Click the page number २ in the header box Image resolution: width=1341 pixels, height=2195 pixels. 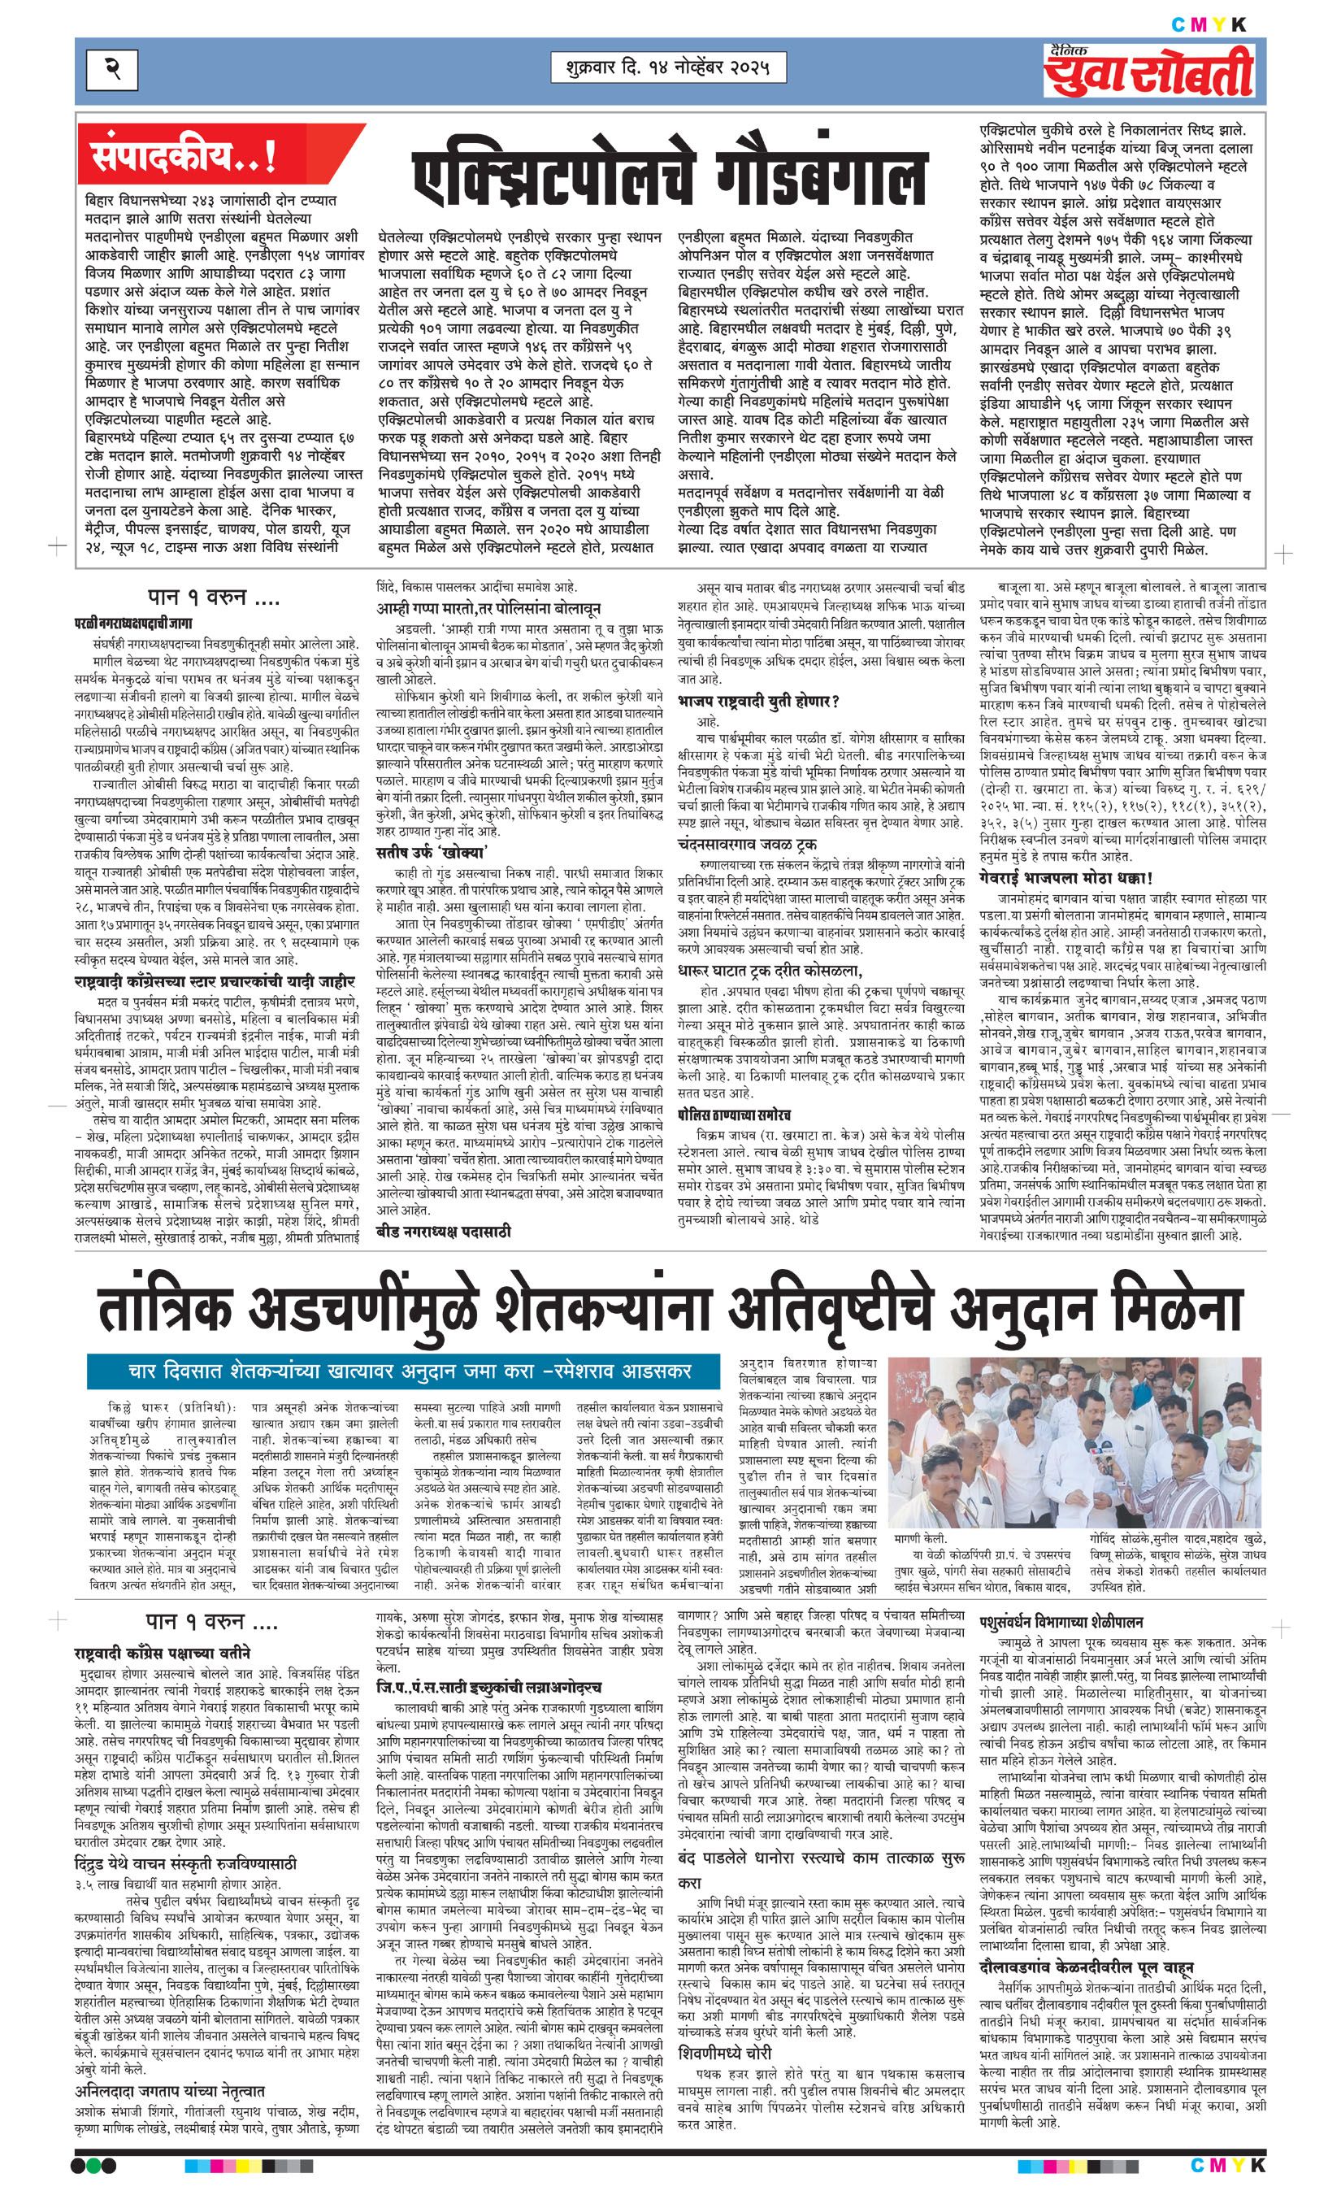tap(114, 67)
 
